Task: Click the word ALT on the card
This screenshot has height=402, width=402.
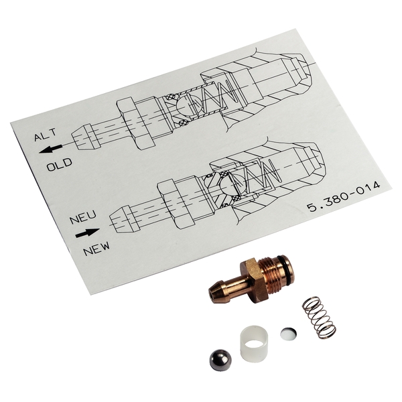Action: click(x=45, y=135)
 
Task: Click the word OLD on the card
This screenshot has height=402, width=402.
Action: click(x=59, y=165)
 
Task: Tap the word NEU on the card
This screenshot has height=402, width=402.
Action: click(x=83, y=217)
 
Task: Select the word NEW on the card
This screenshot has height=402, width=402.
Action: click(x=96, y=249)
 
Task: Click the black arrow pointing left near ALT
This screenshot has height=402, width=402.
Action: click(x=50, y=149)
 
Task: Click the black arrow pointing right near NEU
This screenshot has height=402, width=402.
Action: click(x=87, y=232)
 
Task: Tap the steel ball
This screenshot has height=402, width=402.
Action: click(x=220, y=360)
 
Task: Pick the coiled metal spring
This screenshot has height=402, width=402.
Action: click(x=319, y=318)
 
